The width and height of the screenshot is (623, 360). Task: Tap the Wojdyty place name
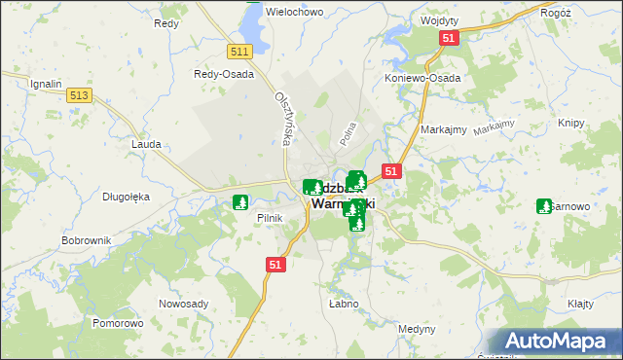point(439,19)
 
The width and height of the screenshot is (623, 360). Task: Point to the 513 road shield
point(80,94)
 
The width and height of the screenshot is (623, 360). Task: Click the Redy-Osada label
point(224,74)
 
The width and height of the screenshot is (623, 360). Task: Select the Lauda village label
point(145,143)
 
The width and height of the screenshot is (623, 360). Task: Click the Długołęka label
point(126,196)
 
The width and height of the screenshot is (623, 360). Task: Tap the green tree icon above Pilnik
point(239,203)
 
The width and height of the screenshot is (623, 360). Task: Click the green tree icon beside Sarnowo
point(544,206)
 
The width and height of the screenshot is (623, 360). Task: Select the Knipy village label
point(570,123)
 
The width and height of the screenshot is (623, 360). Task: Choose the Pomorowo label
point(118,322)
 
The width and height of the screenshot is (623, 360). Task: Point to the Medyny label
point(417,329)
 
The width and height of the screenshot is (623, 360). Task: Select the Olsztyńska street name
point(284,120)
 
